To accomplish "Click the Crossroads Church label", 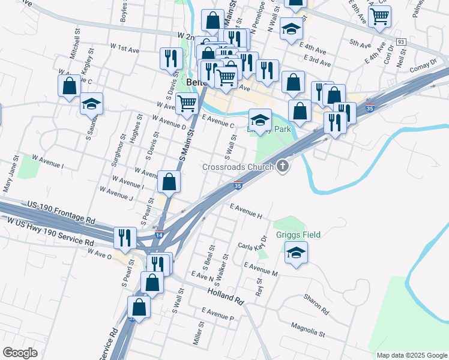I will tap(238, 167).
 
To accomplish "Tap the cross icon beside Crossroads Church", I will tap(283, 166).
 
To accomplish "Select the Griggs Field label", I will tap(298, 235).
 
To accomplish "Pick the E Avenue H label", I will tap(246, 210).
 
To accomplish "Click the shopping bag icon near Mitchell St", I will tap(70, 86).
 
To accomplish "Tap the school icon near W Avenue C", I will tap(92, 104).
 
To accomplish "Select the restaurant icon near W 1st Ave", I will tap(172, 59).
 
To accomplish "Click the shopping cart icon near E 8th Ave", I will tap(379, 17).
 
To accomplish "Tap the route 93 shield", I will tap(401, 41).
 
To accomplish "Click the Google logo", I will tap(20, 353).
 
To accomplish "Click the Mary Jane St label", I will tap(11, 175).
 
